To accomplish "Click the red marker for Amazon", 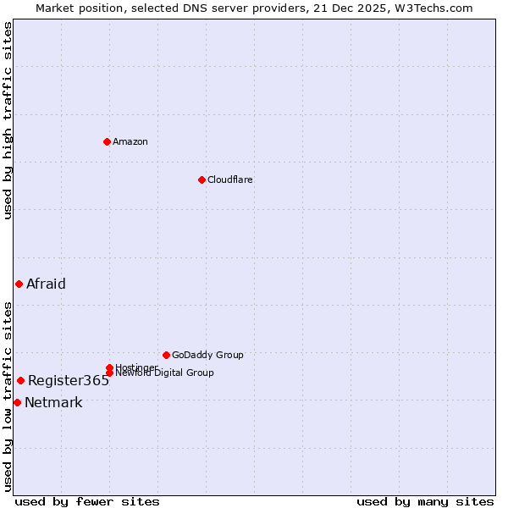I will pos(107,141).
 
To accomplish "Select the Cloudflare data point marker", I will pos(202,179).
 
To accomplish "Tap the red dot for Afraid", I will pos(19,284).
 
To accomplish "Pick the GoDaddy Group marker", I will pos(166,355).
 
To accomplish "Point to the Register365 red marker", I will pos(20,380).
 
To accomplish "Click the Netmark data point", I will pos(17,402).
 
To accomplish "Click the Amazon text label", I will pos(130,141).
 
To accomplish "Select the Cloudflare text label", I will pos(230,179).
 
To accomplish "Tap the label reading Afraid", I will pos(46,284).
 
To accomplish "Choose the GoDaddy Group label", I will pos(207,355).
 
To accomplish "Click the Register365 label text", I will pos(69,380).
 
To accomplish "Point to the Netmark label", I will pos(53,402).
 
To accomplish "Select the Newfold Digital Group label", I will pos(164,373).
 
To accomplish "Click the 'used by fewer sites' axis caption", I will pos(87,501).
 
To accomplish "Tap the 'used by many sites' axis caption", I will pos(425,501).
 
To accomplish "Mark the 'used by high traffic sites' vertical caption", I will pos(8,120).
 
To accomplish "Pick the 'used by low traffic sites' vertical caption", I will pos(8,395).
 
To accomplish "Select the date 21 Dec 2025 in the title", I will pos(353,8).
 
